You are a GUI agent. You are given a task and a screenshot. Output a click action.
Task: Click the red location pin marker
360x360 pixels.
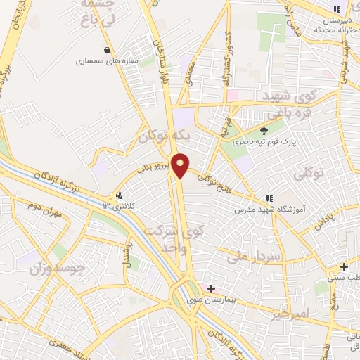pyautogui.click(x=181, y=164)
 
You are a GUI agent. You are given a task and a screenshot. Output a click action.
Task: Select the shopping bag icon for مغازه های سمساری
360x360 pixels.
pyautogui.click(x=107, y=50)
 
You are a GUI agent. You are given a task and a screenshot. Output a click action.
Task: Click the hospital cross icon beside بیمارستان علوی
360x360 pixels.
pyautogui.click(x=211, y=288)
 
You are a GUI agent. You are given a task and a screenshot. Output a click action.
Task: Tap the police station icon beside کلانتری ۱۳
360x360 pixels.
pyautogui.click(x=119, y=196)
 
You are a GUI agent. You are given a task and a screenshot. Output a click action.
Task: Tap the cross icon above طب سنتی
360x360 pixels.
pyautogui.click(x=344, y=266)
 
